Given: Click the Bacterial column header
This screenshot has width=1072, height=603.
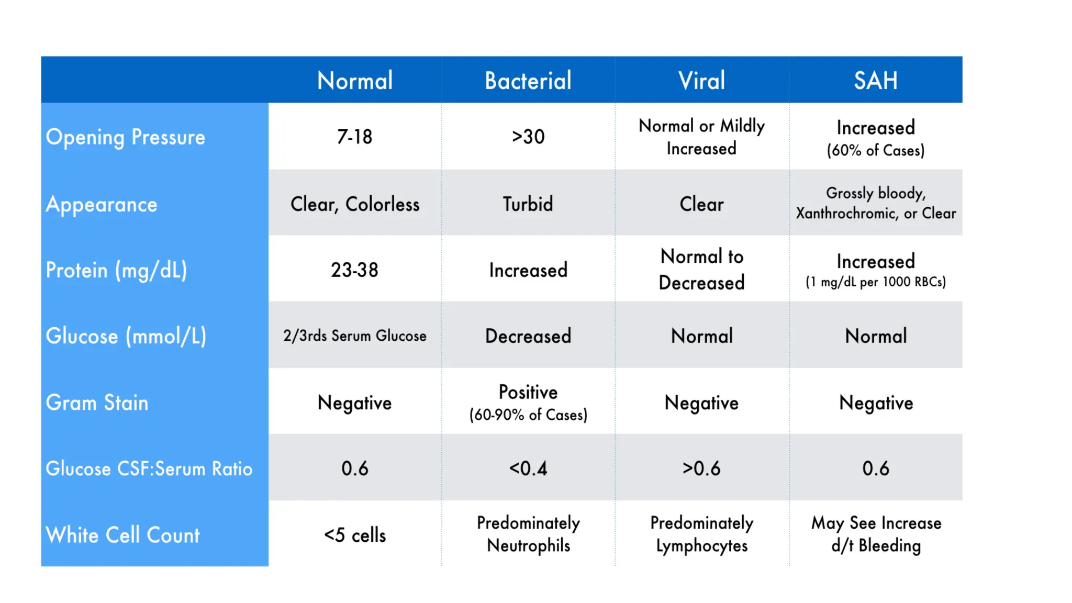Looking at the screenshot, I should pos(528,81).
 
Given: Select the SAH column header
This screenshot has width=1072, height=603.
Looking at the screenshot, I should pos(876,81).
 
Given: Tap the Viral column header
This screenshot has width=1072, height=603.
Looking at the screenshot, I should pos(701,81).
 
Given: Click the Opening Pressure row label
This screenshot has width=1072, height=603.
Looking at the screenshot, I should pos(126,137).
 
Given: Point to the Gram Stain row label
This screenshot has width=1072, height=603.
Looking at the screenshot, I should pos(97,403).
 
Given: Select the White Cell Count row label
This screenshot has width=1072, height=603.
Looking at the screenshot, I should pos(123,535).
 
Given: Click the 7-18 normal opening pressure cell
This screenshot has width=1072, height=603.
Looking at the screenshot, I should pos(354,137).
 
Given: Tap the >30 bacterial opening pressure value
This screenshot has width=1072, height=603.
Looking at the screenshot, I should pos(528,137).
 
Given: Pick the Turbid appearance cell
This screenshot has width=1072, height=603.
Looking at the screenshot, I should pos(528,204).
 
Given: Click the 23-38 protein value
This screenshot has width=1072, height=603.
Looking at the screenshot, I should pos(354,270).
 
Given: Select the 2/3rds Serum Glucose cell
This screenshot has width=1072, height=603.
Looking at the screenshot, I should pos(354,336).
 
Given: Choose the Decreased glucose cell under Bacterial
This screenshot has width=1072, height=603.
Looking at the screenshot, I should pos(528,336).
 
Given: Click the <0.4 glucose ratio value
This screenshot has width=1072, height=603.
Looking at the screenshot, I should pos(528,468).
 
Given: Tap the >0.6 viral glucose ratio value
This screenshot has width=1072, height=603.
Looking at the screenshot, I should pos(701,468).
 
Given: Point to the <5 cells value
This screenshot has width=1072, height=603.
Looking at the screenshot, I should pos(354,535).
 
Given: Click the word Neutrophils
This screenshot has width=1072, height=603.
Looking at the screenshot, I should pos(528,545).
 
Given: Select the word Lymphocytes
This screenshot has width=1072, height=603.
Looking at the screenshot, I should pos(701,546).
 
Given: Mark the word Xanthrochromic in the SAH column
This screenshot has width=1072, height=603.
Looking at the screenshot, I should pos(845,214).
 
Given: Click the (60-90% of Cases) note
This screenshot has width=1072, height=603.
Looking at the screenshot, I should pos(528,415).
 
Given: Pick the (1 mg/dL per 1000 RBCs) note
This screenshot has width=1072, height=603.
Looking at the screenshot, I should pos(876,282).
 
